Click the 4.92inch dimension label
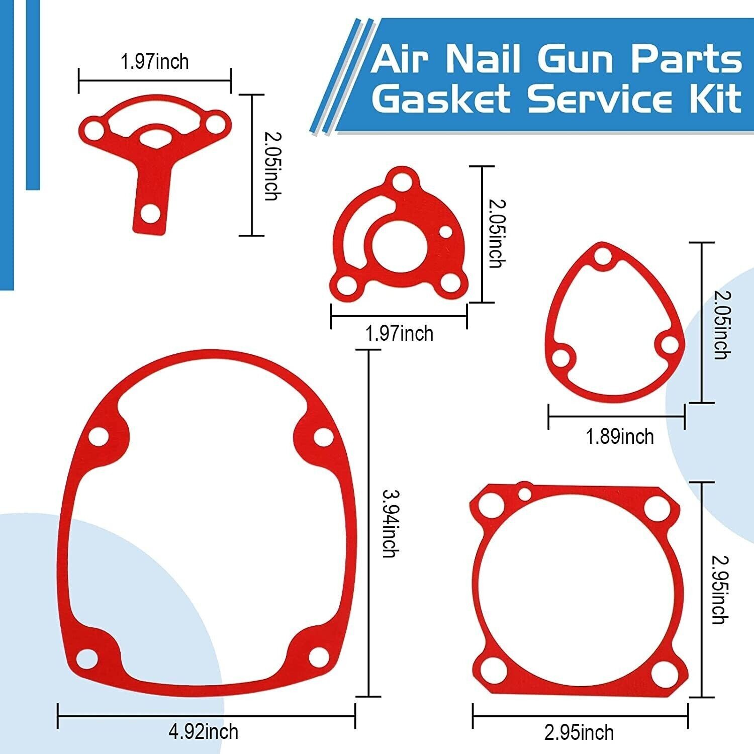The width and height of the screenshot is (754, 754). (x=204, y=731)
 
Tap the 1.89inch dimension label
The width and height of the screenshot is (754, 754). (x=620, y=436)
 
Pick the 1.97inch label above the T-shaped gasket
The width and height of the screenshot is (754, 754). (x=155, y=62)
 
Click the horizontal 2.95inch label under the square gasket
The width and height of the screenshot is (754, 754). (x=579, y=732)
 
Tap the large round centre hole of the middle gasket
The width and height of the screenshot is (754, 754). (x=400, y=244)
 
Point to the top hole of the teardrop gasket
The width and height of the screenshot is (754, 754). (x=603, y=256)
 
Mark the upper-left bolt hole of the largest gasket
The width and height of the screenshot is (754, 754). (x=99, y=436)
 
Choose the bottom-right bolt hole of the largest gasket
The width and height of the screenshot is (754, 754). (x=318, y=656)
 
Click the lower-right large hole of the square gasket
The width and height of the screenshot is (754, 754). (x=662, y=669)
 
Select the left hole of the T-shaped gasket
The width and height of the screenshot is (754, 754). (x=93, y=130)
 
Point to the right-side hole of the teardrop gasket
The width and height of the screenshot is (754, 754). (x=670, y=345)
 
